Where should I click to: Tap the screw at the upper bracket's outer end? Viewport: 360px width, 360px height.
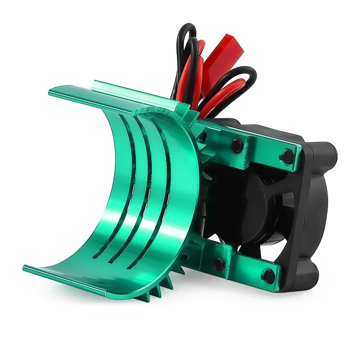point(287,156)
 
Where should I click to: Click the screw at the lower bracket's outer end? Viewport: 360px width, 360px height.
point(269,274)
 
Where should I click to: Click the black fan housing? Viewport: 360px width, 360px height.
point(310,211)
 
